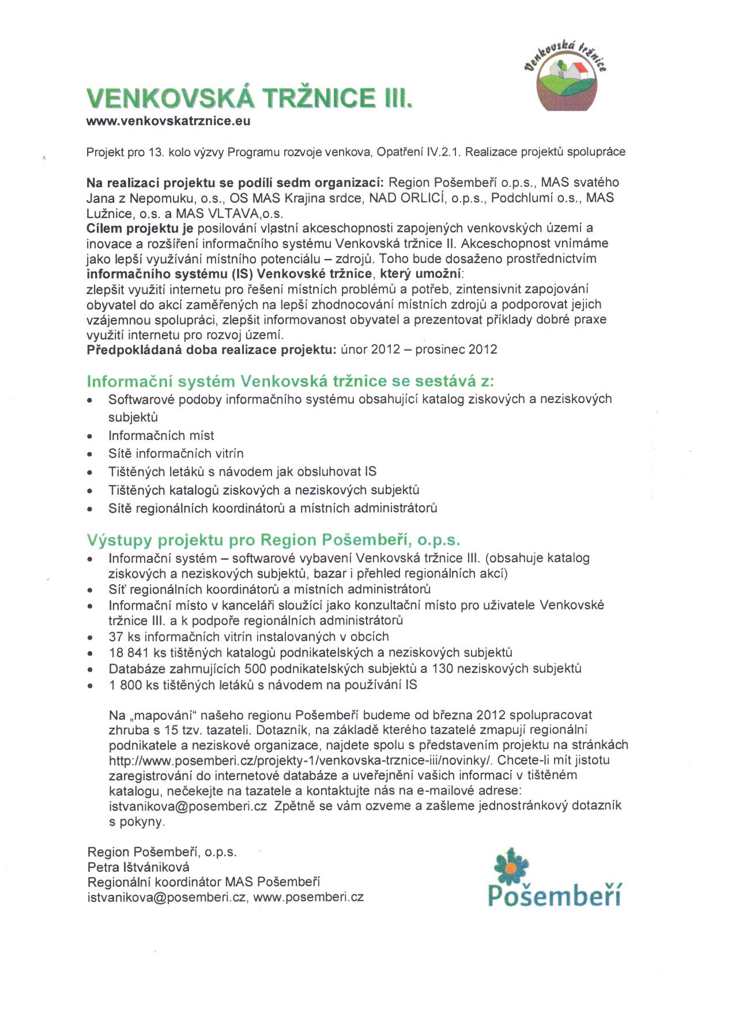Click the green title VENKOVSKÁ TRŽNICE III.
(249, 98)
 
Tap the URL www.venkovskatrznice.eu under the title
(168, 121)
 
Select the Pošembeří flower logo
(554, 880)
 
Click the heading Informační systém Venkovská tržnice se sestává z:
(291, 381)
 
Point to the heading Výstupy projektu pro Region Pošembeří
(274, 540)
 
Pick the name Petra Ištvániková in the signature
(138, 867)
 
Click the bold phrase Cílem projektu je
(140, 228)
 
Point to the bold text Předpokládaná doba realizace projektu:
(211, 349)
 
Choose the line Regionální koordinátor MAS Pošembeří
(203, 882)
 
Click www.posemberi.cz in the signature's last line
(308, 897)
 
